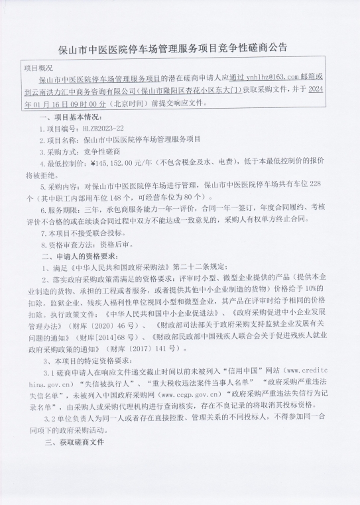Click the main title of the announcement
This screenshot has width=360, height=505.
[x=180, y=48]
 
